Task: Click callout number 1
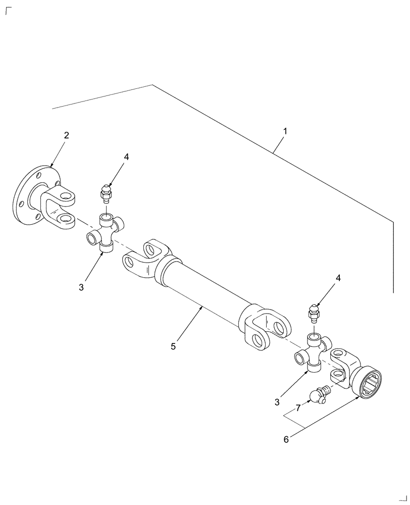pos(285,131)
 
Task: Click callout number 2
pos(67,135)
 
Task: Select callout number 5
pos(173,346)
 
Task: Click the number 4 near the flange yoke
pos(126,157)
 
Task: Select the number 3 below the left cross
pos(81,287)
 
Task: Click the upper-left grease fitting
pos(105,193)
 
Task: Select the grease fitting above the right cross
pos(313,313)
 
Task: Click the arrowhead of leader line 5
pos(201,307)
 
